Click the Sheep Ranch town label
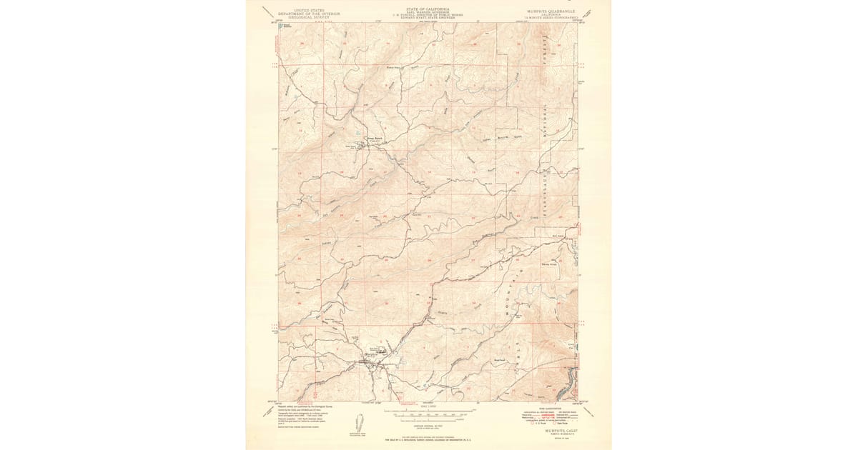[x=375, y=139]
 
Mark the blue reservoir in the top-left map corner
[x=282, y=26]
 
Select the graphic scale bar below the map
[x=429, y=412]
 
